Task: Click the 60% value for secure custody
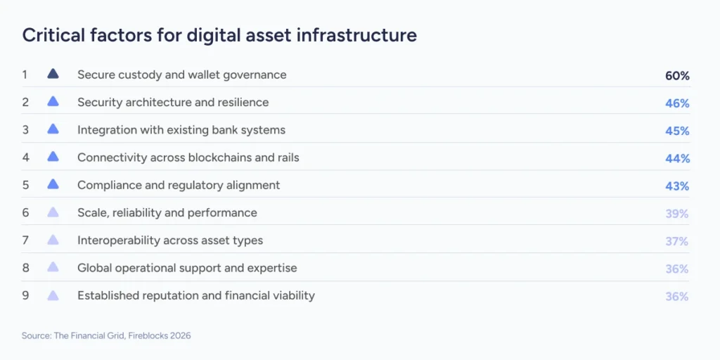pyautogui.click(x=677, y=75)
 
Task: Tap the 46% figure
pyautogui.click(x=677, y=103)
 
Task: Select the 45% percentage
pyautogui.click(x=677, y=131)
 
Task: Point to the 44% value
pyautogui.click(x=677, y=158)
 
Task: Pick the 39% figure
pyautogui.click(x=677, y=214)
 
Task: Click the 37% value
pyautogui.click(x=677, y=241)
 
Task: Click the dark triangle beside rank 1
pyautogui.click(x=53, y=74)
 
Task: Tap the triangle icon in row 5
pyautogui.click(x=53, y=184)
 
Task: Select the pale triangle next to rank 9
pyautogui.click(x=53, y=295)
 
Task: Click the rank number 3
pyautogui.click(x=25, y=129)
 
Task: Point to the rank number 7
pyautogui.click(x=25, y=240)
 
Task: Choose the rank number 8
pyautogui.click(x=25, y=268)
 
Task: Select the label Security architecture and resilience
pyautogui.click(x=173, y=102)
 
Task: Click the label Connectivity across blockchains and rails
pyautogui.click(x=188, y=157)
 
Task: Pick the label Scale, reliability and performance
pyautogui.click(x=167, y=212)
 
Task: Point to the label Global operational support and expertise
pyautogui.click(x=187, y=268)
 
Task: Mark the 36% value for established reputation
pyautogui.click(x=677, y=297)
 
